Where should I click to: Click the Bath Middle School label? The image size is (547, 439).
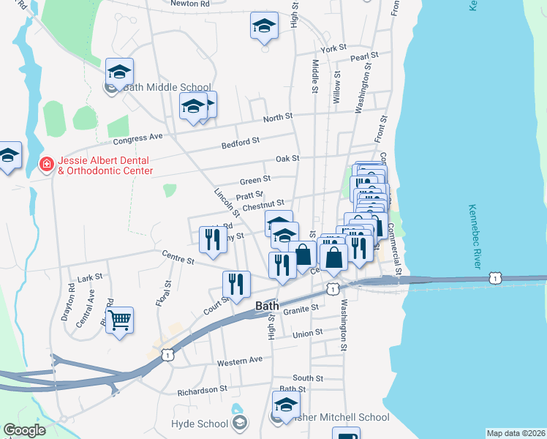167,87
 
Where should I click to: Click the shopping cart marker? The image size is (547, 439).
119,320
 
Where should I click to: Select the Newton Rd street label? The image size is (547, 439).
189,4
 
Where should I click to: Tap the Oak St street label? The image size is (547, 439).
287,158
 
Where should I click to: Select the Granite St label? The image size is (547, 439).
301,309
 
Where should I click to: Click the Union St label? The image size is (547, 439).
308,333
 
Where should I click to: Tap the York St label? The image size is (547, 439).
332,48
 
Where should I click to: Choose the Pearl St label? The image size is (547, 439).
363,56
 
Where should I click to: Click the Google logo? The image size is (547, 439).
24,430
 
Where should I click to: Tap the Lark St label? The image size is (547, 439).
90,279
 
